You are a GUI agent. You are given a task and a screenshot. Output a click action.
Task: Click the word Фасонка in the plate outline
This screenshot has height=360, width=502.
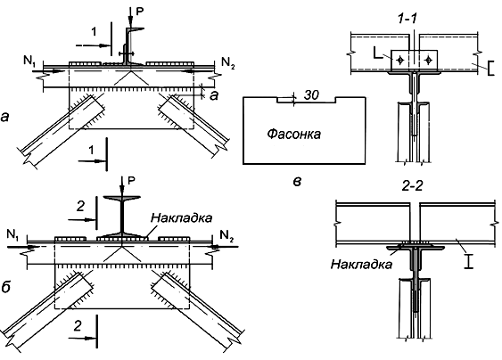pyautogui.click(x=293, y=134)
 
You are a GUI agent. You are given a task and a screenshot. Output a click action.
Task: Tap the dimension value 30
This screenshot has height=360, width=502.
pyautogui.click(x=311, y=94)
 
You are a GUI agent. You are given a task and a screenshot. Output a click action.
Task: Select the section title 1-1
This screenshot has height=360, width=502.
pyautogui.click(x=407, y=19)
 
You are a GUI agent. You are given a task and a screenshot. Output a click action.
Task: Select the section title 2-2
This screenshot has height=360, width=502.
pyautogui.click(x=412, y=186)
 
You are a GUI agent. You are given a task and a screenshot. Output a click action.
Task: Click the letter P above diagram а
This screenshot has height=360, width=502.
pyautogui.click(x=140, y=12)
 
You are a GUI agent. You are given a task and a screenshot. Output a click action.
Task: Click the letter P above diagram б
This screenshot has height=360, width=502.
pyautogui.click(x=131, y=181)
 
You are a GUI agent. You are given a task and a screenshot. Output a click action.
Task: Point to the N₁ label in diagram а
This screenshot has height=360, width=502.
pyautogui.click(x=29, y=61)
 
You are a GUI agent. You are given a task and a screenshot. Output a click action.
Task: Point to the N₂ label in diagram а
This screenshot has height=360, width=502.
pyautogui.click(x=228, y=62)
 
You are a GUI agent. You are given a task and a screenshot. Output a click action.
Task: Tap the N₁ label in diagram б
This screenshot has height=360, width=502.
pyautogui.click(x=12, y=235)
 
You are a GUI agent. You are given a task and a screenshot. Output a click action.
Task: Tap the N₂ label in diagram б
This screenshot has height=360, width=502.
pyautogui.click(x=227, y=236)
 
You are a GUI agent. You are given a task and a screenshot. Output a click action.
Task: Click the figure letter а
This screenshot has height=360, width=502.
pyautogui.click(x=4, y=117)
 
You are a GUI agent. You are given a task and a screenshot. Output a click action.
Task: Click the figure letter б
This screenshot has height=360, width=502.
pyautogui.click(x=5, y=287)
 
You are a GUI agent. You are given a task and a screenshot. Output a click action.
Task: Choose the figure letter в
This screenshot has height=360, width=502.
pyautogui.click(x=297, y=182)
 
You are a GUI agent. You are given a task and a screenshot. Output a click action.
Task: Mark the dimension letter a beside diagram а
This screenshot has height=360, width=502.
pyautogui.click(x=213, y=95)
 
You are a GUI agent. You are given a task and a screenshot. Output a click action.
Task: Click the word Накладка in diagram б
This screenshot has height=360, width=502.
pyautogui.click(x=181, y=217)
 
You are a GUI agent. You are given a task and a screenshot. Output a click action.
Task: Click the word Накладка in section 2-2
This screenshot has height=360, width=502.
pyautogui.click(x=361, y=265)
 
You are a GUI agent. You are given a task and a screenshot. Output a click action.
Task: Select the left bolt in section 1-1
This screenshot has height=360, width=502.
pyautogui.click(x=399, y=60)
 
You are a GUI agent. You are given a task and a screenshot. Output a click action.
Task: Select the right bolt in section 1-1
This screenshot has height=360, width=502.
pyautogui.click(x=429, y=60)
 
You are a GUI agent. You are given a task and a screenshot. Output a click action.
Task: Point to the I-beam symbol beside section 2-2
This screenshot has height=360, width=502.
pyautogui.click(x=469, y=261)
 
